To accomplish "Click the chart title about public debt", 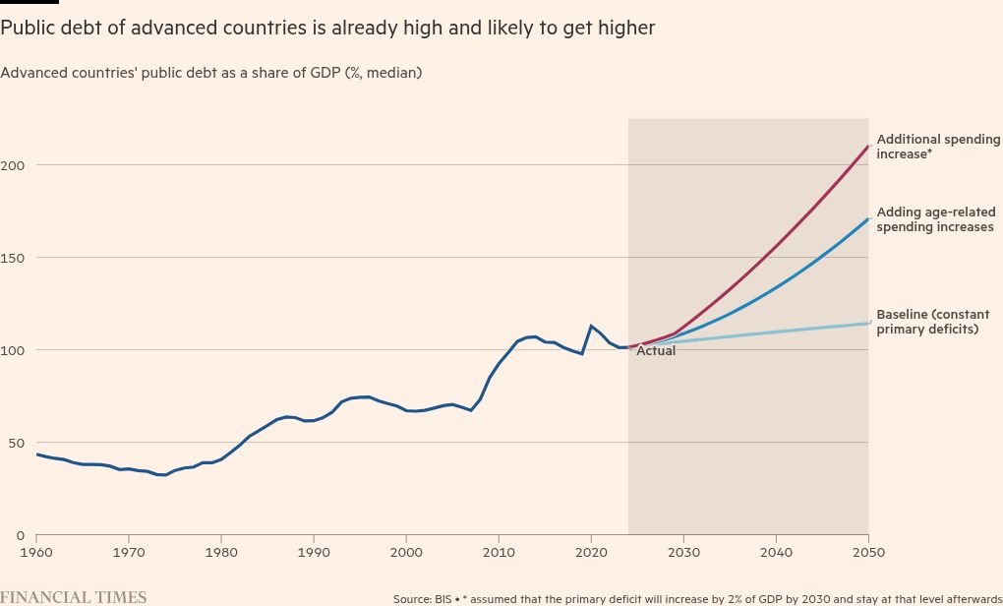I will coord(327,29).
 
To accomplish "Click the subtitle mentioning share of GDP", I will coord(211,73).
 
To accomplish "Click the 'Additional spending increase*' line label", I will coord(937,147).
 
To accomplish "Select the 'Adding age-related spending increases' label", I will coord(935,219).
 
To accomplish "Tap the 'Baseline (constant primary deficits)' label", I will coord(933,322).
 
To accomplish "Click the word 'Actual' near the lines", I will coord(656,351).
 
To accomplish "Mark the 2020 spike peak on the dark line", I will coord(591,326).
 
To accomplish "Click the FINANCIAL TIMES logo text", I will coord(74,597).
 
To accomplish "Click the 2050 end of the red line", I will coord(867,147).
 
